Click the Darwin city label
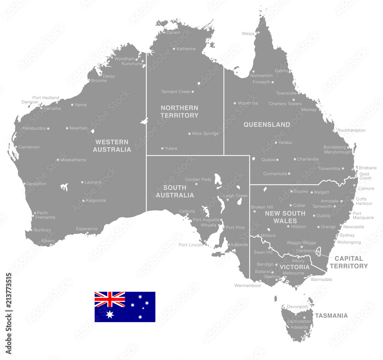tap(173, 33)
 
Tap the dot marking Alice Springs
tap(189, 134)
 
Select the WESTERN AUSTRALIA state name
tap(112, 146)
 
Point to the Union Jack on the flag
tap(110, 299)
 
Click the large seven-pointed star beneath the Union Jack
tap(110, 314)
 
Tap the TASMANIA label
tap(331, 316)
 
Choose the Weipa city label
tap(248, 34)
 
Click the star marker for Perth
tap(35, 213)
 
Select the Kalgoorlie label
tap(96, 200)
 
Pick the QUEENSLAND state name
tap(267, 124)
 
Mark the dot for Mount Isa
tap(235, 103)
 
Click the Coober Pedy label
tap(198, 179)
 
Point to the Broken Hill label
tap(262, 207)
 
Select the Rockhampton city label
tap(352, 130)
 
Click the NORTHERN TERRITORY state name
tap(179, 111)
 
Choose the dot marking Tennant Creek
tap(193, 92)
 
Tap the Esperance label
tap(87, 229)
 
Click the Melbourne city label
tap(293, 273)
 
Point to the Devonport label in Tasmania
tap(297, 307)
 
